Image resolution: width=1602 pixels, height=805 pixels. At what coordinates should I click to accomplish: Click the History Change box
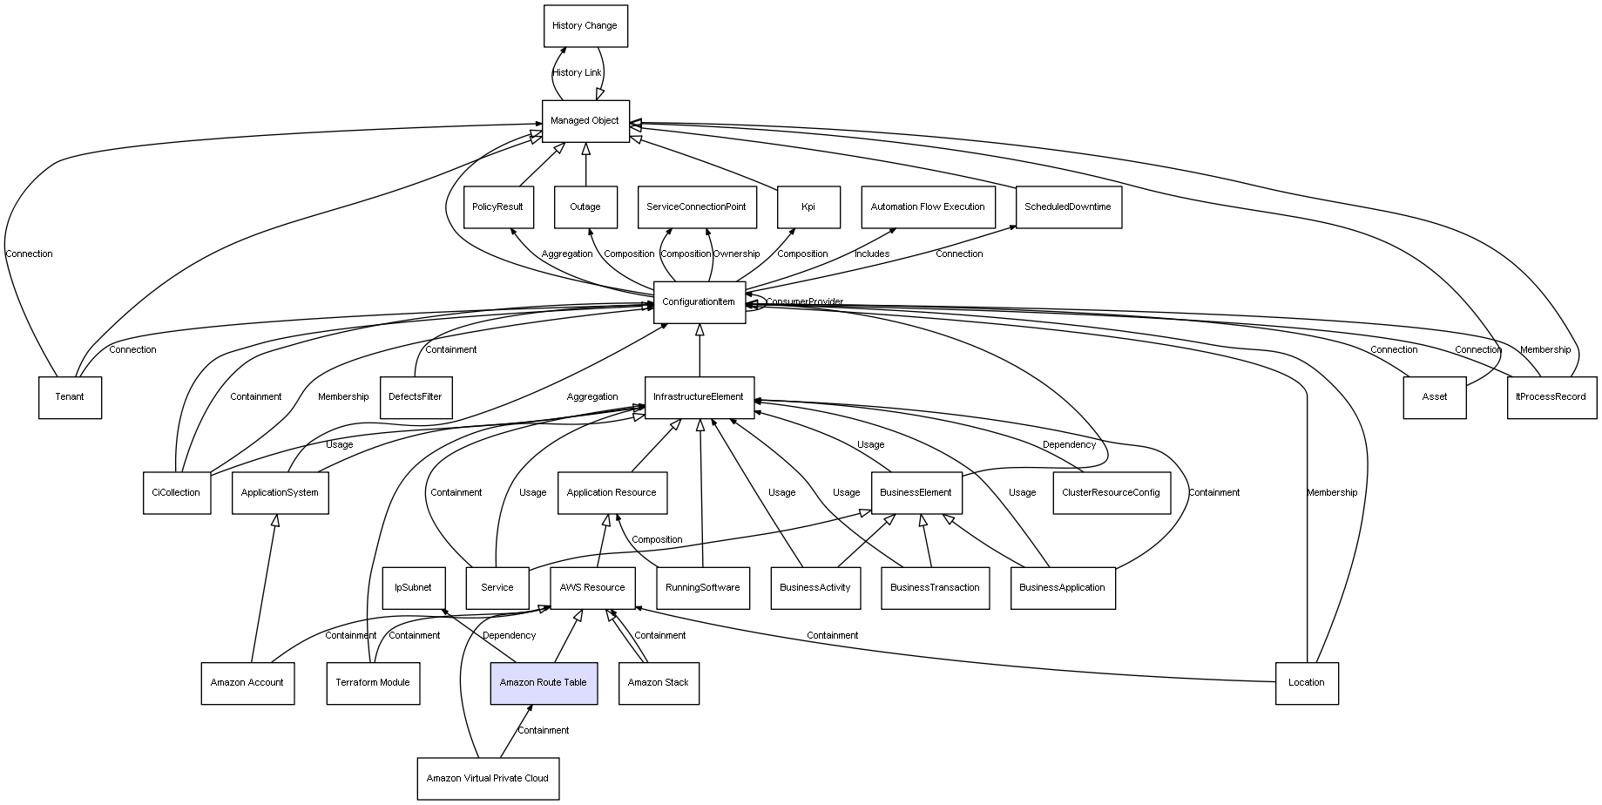pyautogui.click(x=585, y=26)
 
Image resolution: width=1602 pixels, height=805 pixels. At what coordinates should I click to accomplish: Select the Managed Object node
pyautogui.click(x=585, y=121)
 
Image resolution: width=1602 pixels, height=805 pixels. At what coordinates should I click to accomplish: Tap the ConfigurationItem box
pyautogui.click(x=699, y=302)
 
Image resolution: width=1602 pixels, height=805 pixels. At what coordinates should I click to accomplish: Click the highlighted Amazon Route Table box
pyautogui.click(x=544, y=683)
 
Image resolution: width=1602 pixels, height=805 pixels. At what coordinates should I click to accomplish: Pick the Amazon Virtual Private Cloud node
pyautogui.click(x=488, y=778)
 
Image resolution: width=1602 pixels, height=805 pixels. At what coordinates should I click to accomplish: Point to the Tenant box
pyautogui.click(x=70, y=397)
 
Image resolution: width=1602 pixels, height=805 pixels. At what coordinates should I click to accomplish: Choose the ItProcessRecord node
pyautogui.click(x=1551, y=397)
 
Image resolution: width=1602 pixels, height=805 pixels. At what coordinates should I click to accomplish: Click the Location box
pyautogui.click(x=1306, y=683)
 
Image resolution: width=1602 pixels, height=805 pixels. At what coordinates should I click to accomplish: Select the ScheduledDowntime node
pyautogui.click(x=1068, y=207)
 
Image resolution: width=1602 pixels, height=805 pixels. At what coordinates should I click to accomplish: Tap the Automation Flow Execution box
pyautogui.click(x=928, y=207)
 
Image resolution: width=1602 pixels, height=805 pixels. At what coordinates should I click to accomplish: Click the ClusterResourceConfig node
pyautogui.click(x=1111, y=493)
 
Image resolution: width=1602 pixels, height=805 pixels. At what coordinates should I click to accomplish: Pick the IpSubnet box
pyautogui.click(x=413, y=588)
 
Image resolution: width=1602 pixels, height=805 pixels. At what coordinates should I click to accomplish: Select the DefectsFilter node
pyautogui.click(x=416, y=397)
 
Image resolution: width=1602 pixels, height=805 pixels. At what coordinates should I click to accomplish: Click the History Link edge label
pyautogui.click(x=577, y=73)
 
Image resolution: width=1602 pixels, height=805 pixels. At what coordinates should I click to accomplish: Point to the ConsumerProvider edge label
pyautogui.click(x=804, y=302)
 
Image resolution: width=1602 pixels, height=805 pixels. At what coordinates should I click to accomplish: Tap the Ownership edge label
pyautogui.click(x=736, y=254)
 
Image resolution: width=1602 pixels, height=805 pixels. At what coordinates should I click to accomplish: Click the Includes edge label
pyautogui.click(x=872, y=254)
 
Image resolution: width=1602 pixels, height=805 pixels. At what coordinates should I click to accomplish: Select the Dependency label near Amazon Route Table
pyautogui.click(x=509, y=636)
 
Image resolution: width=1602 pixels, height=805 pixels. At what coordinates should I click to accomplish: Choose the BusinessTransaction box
pyautogui.click(x=935, y=588)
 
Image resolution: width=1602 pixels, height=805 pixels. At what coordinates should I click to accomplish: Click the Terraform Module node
pyautogui.click(x=373, y=683)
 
